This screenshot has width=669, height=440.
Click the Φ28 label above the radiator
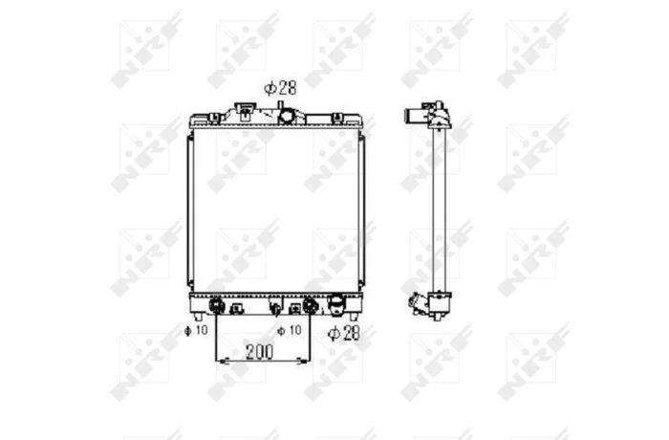pyautogui.click(x=280, y=88)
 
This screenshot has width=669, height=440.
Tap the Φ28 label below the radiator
pyautogui.click(x=343, y=333)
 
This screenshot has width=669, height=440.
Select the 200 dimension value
pyautogui.click(x=259, y=352)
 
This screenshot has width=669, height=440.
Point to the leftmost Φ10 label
pyautogui.click(x=196, y=330)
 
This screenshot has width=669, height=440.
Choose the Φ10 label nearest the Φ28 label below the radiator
pyautogui.click(x=290, y=330)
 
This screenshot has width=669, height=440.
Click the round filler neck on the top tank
pyautogui.click(x=287, y=116)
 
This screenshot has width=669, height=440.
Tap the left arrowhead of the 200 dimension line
pyautogui.click(x=224, y=362)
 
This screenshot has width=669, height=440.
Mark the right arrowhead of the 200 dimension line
pyautogui.click(x=303, y=362)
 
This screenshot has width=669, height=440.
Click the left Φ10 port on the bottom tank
pyautogui.click(x=216, y=305)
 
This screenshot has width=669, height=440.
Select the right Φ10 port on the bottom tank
pyautogui.click(x=310, y=305)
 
